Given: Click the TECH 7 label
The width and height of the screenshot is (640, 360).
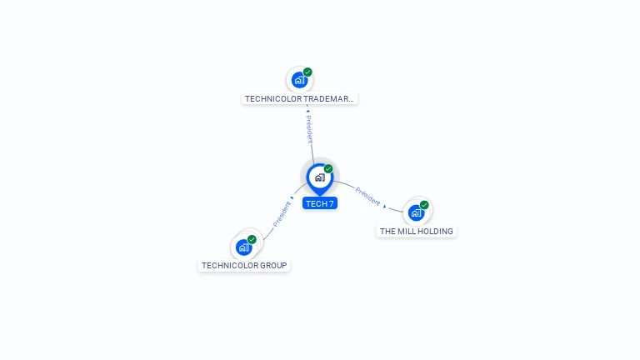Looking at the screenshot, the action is (319, 203).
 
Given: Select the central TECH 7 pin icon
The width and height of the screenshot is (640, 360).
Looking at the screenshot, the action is (319, 177).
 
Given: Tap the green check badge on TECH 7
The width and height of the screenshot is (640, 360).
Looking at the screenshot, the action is (328, 168).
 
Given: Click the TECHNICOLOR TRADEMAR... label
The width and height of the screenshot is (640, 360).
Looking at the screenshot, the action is (299, 98).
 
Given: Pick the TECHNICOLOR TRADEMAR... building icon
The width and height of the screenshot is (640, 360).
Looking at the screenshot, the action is (299, 80).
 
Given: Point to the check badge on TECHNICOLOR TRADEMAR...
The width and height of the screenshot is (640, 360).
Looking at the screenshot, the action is (307, 72).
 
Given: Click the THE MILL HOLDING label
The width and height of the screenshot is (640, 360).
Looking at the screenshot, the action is (417, 231).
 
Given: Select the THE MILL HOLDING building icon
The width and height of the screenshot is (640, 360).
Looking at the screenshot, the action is (416, 212).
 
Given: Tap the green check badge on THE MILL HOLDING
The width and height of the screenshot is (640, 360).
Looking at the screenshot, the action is (424, 204).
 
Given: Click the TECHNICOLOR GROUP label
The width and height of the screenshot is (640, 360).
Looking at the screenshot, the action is (244, 266).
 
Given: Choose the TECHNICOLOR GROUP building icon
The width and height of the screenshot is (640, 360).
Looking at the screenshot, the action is (243, 247).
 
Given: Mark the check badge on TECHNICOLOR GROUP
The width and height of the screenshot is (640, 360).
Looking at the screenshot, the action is (252, 239).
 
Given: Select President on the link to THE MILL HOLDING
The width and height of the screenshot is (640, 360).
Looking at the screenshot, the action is (367, 197).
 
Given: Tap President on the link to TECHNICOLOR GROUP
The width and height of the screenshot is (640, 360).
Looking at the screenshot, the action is (281, 214).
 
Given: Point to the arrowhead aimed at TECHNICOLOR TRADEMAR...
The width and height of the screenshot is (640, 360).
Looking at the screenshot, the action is (307, 111).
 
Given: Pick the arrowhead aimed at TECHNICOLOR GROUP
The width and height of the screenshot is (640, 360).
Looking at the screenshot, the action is (292, 198).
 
